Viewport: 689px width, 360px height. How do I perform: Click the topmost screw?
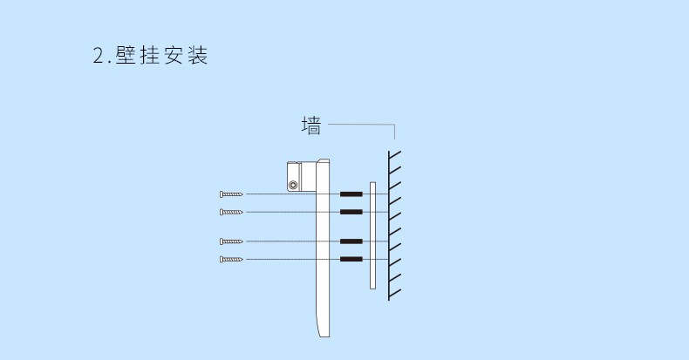click(x=231, y=194)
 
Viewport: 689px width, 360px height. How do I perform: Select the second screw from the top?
click(x=231, y=212)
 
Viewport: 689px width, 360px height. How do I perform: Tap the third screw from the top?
click(x=231, y=241)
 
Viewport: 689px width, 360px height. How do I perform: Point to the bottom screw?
click(x=231, y=260)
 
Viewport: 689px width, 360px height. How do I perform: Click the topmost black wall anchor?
click(x=351, y=194)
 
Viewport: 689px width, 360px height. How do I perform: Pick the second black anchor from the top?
click(x=351, y=212)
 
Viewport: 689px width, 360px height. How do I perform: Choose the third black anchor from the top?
click(x=351, y=241)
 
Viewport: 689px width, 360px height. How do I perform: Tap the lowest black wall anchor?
click(x=351, y=260)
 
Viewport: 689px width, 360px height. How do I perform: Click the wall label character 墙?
click(x=311, y=126)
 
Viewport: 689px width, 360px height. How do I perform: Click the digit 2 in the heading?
click(x=98, y=56)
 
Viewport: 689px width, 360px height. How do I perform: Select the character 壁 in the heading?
click(x=126, y=55)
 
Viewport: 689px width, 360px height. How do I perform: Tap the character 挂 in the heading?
click(x=150, y=55)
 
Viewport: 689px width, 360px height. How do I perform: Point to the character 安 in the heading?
click(x=174, y=55)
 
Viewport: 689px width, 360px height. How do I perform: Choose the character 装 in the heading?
click(x=198, y=55)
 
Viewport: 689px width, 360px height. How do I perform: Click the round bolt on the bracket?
click(x=293, y=186)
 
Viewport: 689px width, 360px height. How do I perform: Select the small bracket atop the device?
click(x=302, y=176)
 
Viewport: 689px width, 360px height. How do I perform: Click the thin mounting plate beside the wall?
click(x=372, y=235)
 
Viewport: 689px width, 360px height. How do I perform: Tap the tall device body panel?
click(x=323, y=248)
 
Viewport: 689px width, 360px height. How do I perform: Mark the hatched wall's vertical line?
click(x=389, y=226)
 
